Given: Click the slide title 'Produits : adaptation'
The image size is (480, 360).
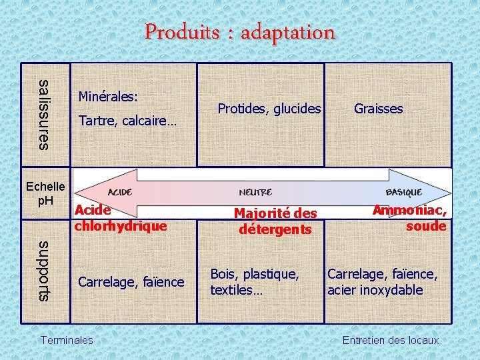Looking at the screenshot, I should coord(240,31).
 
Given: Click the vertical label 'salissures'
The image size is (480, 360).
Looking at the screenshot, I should coord(44,114).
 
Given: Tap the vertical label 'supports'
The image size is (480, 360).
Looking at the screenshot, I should coord(44,269).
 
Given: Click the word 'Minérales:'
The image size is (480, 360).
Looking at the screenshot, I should coord(108,97).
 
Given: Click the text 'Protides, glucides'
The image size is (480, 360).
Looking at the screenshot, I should coord(269,109).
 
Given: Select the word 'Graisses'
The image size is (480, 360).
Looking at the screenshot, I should coord(378,109).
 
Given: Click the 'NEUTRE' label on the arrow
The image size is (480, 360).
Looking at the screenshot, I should coord(255,193).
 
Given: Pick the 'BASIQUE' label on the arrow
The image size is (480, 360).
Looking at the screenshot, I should coord(403,192).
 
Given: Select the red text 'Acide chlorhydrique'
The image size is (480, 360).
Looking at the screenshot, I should coord(120,218).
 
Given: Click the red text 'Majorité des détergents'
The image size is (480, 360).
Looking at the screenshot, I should coord(275,221).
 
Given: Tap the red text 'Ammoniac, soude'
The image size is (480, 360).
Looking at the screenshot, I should coord(410,218).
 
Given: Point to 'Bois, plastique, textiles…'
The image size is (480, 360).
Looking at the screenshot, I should coord(254,282).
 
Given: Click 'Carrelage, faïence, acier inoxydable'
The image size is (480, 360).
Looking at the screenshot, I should coord(382,282).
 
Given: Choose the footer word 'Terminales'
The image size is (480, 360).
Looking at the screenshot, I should coord(67,340).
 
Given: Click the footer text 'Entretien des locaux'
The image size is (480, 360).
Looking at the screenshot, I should coord(390,340).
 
